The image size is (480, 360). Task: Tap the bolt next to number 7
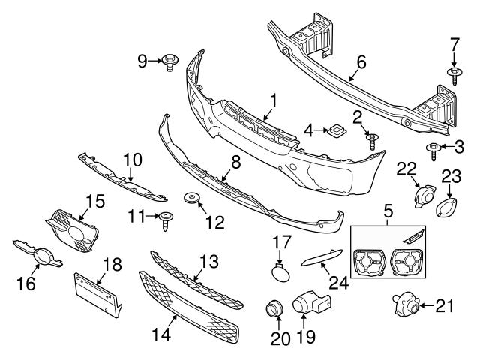(x=455, y=73)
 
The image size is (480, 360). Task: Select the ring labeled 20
(x=275, y=309)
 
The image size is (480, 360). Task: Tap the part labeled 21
(x=403, y=304)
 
